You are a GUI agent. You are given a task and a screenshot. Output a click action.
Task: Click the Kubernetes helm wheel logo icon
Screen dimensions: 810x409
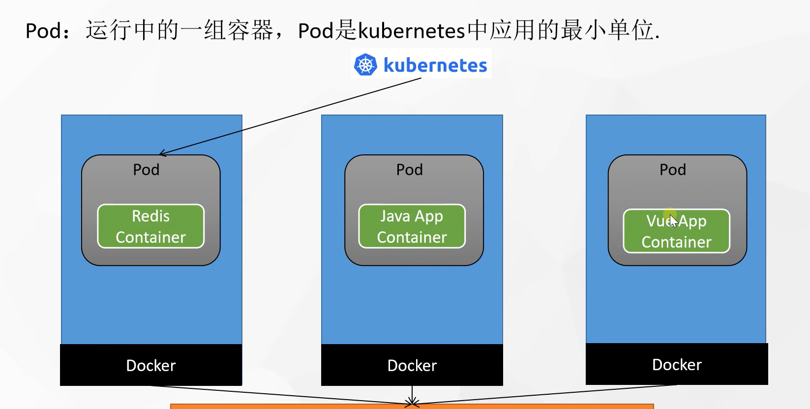tap(365, 65)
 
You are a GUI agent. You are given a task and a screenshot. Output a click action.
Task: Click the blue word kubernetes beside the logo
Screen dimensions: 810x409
tap(435, 65)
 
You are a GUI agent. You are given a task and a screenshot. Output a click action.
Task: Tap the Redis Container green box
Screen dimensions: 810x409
tap(151, 226)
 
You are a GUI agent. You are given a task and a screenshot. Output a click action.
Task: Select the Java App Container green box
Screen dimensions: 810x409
tap(412, 226)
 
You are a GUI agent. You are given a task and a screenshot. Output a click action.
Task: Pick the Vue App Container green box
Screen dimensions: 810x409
tap(677, 231)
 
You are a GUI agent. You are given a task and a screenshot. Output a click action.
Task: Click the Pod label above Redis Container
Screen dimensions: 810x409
tap(146, 170)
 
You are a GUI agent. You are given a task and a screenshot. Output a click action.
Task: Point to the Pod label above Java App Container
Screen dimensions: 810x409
tap(409, 170)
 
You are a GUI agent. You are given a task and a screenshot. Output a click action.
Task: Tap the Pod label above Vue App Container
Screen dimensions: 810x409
tap(673, 170)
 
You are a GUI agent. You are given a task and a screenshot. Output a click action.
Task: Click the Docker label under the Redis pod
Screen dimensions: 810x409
tap(151, 366)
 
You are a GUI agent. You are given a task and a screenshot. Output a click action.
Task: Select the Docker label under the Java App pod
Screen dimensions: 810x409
tap(412, 366)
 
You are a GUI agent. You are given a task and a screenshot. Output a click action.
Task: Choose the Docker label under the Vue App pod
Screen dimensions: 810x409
tap(677, 365)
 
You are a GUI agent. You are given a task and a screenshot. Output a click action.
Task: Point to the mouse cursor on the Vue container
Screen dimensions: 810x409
tap(673, 221)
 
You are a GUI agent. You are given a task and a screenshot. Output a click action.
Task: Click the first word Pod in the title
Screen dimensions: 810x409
tap(43, 30)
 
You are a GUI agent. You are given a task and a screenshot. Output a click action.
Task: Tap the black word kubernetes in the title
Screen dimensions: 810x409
tap(411, 30)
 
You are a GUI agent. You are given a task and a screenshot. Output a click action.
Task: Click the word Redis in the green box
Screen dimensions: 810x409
tap(151, 216)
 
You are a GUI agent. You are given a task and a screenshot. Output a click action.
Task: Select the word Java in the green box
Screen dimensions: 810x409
tap(395, 216)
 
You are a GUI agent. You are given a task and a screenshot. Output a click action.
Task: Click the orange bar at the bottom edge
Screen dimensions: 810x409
tap(412, 407)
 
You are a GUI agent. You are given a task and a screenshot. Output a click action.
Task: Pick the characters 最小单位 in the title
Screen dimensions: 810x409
tap(607, 30)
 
